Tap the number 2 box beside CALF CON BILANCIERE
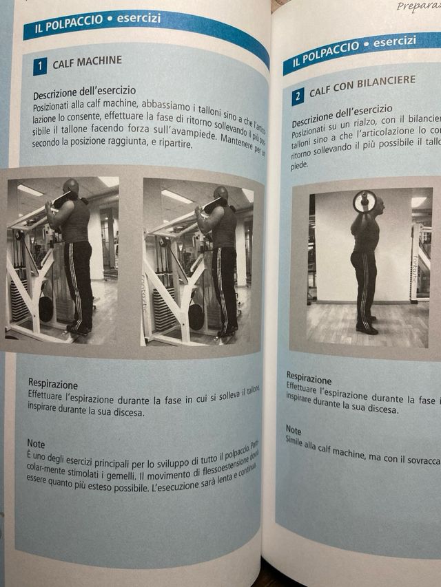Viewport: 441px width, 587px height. [298, 96]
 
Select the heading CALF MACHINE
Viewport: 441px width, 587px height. [87, 62]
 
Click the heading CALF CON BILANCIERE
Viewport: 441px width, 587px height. [362, 86]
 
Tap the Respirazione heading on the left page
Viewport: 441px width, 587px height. [53, 384]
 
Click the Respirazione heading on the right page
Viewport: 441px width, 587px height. [309, 378]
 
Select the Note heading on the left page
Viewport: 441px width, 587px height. [36, 444]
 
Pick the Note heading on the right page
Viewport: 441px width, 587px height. [294, 429]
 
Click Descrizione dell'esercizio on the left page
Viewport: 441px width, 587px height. [84, 91]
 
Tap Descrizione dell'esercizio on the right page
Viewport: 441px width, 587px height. [342, 114]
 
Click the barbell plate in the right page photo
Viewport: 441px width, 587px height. [365, 201]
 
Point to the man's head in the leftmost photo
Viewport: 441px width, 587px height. [70, 186]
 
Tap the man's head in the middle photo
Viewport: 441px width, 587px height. [220, 193]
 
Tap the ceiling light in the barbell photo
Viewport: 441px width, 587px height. [419, 202]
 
